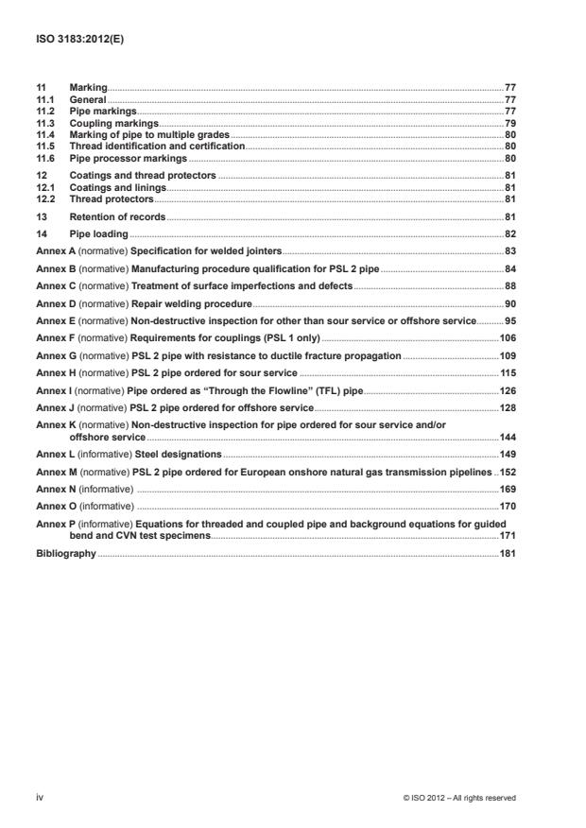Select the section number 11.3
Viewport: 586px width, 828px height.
(44, 124)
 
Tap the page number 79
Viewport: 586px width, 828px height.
(509, 124)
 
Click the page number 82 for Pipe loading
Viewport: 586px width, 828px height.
(509, 233)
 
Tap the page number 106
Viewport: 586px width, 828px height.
(507, 336)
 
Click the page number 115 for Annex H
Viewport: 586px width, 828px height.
(507, 371)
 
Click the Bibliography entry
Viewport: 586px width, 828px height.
(65, 553)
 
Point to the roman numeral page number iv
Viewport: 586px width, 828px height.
(40, 798)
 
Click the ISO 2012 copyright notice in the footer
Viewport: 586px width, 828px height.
(458, 798)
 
